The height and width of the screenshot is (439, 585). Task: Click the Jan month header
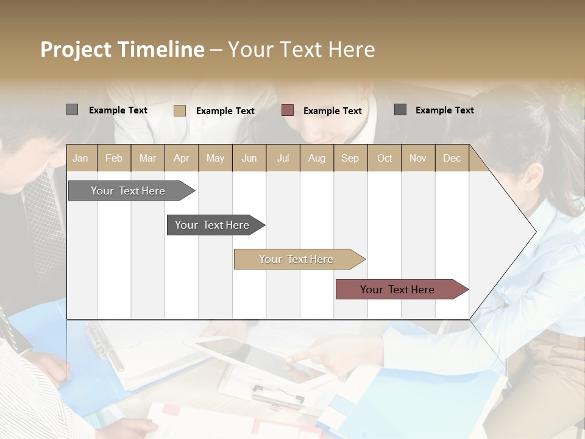click(x=80, y=158)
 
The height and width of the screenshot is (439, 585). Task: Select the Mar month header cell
click(x=147, y=158)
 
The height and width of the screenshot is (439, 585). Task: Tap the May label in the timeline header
click(x=215, y=158)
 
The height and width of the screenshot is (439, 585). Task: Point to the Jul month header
click(x=283, y=158)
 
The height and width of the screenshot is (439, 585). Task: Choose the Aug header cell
click(x=316, y=158)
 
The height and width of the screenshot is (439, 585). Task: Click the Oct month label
click(x=384, y=158)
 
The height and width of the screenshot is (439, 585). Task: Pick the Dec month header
click(x=452, y=158)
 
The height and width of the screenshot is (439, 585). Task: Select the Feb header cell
click(x=114, y=158)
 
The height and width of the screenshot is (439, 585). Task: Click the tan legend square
click(x=180, y=110)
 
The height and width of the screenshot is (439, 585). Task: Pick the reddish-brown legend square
click(x=288, y=110)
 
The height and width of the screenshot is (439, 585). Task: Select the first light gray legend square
click(x=72, y=110)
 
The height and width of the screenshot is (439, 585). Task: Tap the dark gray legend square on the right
click(x=400, y=110)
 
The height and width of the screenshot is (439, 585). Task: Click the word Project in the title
click(x=76, y=49)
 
